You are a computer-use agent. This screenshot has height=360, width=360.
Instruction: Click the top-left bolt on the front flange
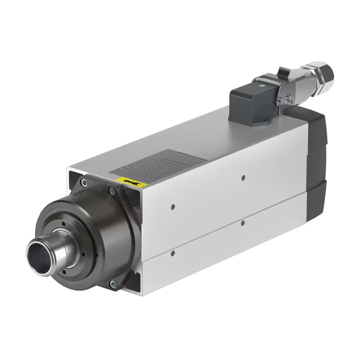pos(84,182)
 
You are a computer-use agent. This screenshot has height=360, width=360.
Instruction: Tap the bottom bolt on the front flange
pos(112,284)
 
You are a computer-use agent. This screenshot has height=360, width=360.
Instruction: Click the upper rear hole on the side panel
pos(243,177)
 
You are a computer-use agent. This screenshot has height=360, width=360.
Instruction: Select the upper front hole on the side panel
pos(173,207)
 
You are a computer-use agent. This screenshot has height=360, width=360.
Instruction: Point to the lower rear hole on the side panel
pos(243,223)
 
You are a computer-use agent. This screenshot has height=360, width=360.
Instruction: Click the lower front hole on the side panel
pos(173,253)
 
